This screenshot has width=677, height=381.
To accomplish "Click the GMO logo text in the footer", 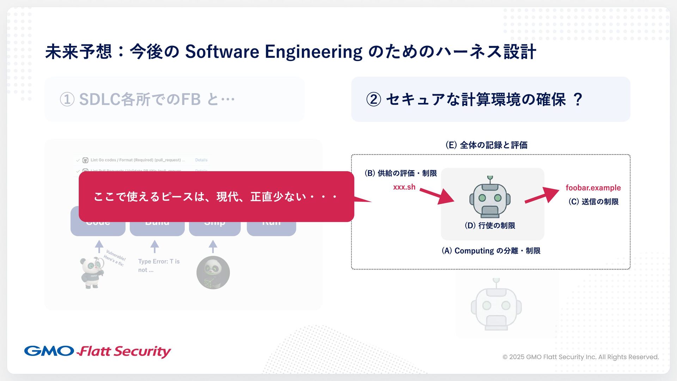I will [x=49, y=351].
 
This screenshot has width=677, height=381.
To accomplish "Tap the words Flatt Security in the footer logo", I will [x=124, y=351].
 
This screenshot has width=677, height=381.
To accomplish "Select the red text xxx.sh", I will [x=404, y=187].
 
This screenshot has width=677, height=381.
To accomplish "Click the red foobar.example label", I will [x=593, y=188].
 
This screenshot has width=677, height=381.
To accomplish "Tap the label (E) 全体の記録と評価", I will [x=486, y=145].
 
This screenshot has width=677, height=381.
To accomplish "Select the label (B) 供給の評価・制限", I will [x=401, y=173].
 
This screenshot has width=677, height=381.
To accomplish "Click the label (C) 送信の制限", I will [x=593, y=201].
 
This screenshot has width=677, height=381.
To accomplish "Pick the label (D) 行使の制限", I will [x=490, y=225].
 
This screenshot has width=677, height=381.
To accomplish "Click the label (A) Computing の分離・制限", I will [x=491, y=251].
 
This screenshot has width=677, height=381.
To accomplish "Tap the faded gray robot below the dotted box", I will [x=496, y=306].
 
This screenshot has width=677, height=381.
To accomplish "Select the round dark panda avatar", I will [x=213, y=273].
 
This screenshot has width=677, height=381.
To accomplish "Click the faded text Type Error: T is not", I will [x=159, y=265].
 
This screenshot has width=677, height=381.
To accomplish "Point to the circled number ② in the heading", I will [x=374, y=99].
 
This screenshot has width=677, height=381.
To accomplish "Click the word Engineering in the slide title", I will [x=313, y=52].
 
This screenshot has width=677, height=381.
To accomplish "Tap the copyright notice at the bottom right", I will [x=580, y=357].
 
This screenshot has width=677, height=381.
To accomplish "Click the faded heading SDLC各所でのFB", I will [x=140, y=99].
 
